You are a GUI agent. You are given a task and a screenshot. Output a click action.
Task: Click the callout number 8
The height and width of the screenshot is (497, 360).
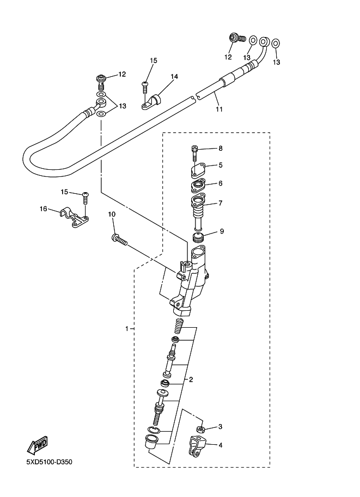[x=221, y=148]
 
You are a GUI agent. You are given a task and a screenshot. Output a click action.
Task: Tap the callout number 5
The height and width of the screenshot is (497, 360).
[x=221, y=165]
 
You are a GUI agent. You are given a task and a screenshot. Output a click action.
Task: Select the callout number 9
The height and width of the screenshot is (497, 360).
[x=222, y=231]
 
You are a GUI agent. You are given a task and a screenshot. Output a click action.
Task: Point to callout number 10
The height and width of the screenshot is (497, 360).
[x=112, y=214]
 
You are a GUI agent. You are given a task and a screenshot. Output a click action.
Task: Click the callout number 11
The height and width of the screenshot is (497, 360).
[x=219, y=109]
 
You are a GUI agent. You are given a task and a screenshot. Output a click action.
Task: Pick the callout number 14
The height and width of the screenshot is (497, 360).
[x=174, y=77]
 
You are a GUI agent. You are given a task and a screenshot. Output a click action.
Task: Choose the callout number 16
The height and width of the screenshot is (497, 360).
[x=44, y=208]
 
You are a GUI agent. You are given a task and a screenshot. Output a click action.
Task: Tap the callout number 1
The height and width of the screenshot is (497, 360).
[x=126, y=329]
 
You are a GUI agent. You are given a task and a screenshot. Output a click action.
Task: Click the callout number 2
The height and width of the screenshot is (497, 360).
[x=191, y=379]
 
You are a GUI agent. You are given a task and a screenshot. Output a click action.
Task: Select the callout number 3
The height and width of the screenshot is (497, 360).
[x=221, y=426]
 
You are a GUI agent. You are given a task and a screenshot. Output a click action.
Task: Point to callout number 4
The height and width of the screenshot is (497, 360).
[x=221, y=445]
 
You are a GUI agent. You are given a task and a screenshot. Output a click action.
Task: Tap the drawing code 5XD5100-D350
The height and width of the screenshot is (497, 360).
[x=49, y=463]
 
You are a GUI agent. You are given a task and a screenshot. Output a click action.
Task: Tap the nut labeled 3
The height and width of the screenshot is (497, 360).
[x=200, y=430]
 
